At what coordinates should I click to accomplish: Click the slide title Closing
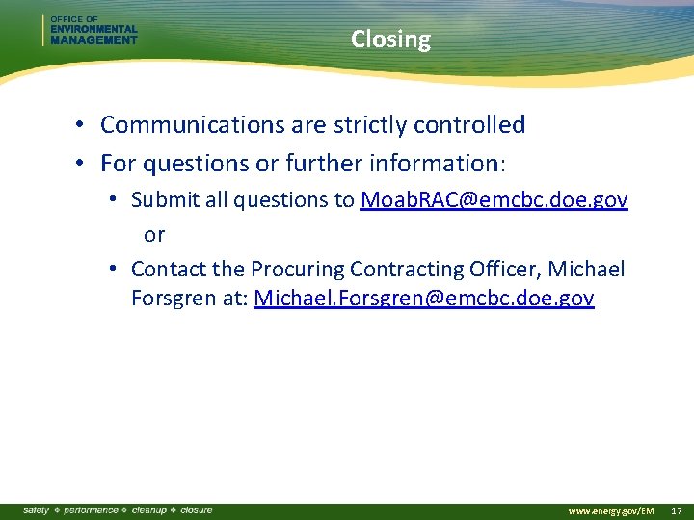(x=390, y=39)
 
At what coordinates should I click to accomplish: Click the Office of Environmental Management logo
(x=92, y=31)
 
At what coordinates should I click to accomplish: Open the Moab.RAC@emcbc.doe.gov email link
(x=494, y=200)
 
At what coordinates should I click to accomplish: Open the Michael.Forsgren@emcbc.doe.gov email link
(x=423, y=299)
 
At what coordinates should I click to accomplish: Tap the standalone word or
(x=154, y=235)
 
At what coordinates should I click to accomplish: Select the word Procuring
(x=297, y=270)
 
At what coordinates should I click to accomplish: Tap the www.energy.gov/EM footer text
(x=611, y=510)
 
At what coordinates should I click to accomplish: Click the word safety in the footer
(x=37, y=509)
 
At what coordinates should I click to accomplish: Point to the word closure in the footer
(x=196, y=509)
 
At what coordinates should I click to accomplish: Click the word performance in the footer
(x=91, y=509)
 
